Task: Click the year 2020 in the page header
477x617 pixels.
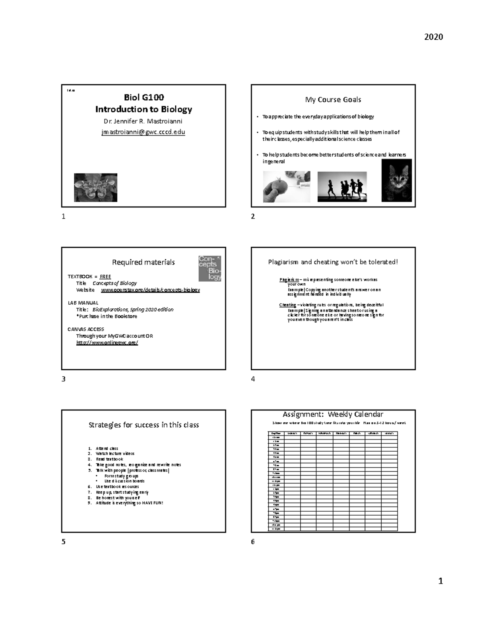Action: (x=433, y=37)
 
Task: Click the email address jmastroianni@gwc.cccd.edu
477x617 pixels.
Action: (x=143, y=132)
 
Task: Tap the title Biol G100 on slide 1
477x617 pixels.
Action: (x=143, y=97)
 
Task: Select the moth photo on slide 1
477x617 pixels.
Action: (x=95, y=188)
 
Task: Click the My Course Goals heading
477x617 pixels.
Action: (x=333, y=100)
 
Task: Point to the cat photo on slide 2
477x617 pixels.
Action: (x=396, y=180)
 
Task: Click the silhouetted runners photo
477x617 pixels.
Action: (x=342, y=187)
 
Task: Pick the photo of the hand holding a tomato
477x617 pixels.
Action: (x=286, y=187)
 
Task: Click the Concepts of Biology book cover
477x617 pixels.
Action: (x=209, y=268)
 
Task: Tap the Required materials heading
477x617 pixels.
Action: (x=143, y=262)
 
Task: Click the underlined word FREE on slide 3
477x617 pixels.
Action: (x=105, y=277)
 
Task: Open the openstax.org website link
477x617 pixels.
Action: (x=150, y=290)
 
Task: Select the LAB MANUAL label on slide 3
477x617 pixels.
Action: (x=83, y=303)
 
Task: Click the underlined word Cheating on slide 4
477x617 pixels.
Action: (x=287, y=305)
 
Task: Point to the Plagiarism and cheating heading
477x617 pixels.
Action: (x=333, y=262)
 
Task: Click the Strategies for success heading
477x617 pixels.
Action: (x=143, y=425)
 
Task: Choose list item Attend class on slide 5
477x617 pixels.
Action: (x=107, y=448)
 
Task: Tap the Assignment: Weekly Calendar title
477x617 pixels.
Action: (x=333, y=414)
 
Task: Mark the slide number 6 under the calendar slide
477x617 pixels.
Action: (x=253, y=542)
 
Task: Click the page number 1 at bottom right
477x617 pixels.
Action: (x=440, y=581)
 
